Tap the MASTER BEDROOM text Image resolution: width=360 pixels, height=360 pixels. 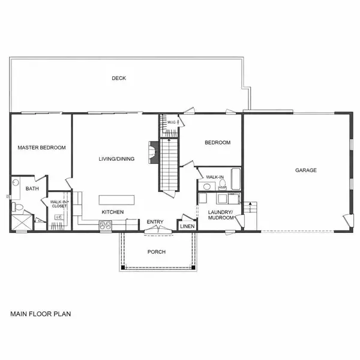[41, 147]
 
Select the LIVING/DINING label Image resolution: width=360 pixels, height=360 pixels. [116, 159]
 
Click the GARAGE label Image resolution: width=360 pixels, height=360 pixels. [305, 170]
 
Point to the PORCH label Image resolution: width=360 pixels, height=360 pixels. [156, 251]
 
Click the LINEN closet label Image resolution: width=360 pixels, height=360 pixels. [186, 226]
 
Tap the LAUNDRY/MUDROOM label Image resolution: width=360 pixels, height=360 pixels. [220, 215]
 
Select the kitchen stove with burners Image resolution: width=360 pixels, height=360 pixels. [106, 226]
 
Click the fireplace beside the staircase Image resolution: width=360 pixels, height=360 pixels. [154, 151]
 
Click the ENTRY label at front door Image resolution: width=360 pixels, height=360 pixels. [155, 222]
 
